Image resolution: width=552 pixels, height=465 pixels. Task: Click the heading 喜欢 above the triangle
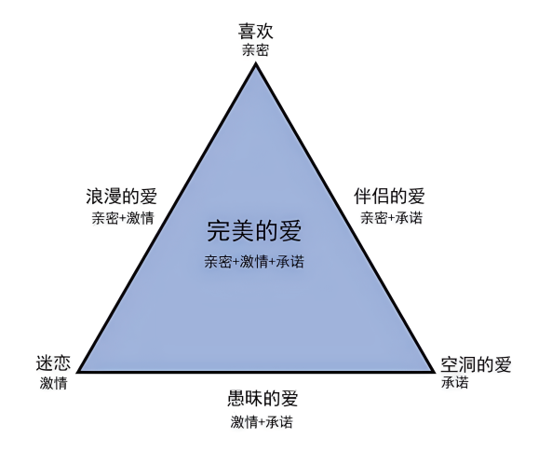(256, 31)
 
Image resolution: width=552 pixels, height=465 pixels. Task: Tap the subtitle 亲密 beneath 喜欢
(256, 49)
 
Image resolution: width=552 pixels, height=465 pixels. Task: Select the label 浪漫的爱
(121, 197)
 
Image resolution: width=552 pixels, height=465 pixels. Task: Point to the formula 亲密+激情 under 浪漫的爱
(123, 218)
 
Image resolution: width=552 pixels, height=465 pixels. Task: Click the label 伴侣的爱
(389, 196)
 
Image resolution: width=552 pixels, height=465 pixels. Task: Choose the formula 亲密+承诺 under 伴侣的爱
(392, 217)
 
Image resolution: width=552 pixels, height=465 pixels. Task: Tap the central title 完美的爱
(254, 231)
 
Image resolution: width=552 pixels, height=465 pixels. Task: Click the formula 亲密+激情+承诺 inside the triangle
(254, 262)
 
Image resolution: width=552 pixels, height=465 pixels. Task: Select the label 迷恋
(53, 363)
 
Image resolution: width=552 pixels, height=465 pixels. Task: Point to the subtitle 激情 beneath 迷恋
(53, 383)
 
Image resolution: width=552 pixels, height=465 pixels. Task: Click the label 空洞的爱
(476, 364)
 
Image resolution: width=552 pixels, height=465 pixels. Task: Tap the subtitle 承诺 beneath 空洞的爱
(455, 382)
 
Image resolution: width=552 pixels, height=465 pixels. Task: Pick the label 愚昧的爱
(263, 398)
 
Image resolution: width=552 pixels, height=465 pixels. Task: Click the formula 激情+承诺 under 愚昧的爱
(262, 421)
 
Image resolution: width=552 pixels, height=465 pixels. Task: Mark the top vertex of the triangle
(256, 62)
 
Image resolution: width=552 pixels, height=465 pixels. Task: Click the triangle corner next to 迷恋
(78, 371)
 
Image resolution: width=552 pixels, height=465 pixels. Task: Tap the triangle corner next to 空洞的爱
(434, 371)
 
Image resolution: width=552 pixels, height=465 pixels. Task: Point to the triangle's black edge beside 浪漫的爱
(167, 217)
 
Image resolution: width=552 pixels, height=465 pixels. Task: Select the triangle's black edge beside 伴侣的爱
(344, 217)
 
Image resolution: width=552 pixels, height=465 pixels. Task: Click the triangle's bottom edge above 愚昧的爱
(256, 371)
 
